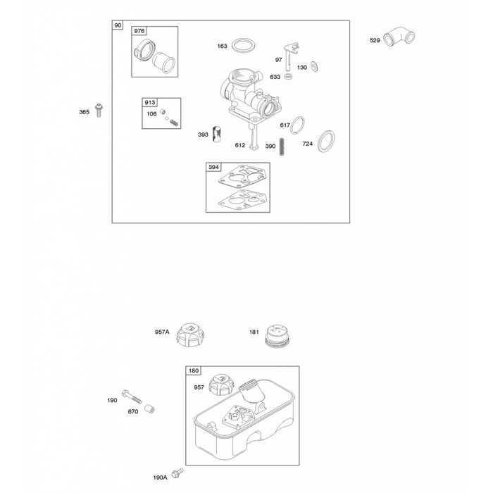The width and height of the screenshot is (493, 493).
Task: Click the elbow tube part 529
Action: click(399, 37)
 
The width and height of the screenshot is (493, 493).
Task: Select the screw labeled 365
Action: click(99, 111)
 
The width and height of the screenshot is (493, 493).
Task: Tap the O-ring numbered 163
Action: click(243, 46)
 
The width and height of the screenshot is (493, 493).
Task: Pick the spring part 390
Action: click(282, 146)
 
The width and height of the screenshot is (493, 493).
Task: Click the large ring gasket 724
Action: click(325, 141)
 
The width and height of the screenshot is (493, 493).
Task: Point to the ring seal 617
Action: click(297, 125)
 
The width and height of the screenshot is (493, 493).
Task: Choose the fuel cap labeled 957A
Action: click(190, 335)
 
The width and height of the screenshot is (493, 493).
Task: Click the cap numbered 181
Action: click(277, 336)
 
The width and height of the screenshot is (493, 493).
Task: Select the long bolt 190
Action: click(132, 396)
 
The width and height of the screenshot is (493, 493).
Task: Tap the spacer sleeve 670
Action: click(149, 408)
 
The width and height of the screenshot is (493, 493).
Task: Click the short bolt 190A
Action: click(177, 473)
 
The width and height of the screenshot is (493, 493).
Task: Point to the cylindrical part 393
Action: click(217, 134)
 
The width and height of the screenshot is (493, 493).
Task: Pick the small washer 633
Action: click(288, 76)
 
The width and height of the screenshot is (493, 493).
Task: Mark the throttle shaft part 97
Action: click(290, 56)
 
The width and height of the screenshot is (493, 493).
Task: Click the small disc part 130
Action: click(314, 66)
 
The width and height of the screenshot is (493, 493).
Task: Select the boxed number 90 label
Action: click(118, 25)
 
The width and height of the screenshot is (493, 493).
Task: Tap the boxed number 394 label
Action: click(213, 167)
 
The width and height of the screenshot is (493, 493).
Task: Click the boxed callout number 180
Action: click(194, 370)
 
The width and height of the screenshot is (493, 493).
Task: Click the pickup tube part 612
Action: click(254, 136)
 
